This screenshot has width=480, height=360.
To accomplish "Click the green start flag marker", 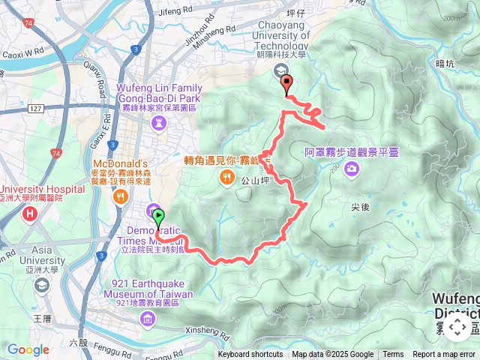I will pos(159,219).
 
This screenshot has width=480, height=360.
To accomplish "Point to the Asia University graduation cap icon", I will pos(42,284).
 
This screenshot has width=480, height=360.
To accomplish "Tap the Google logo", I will pos(28,349).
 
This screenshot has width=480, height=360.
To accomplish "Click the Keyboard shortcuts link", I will pos(250,355).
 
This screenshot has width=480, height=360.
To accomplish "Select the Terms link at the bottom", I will pos(393,355).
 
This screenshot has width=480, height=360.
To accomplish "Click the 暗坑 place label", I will pos(445,64).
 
